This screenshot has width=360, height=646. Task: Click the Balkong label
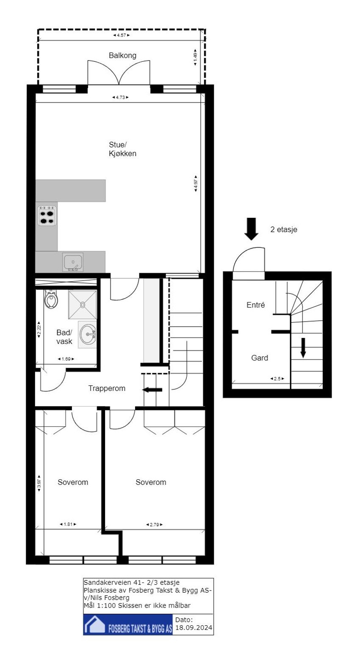[x=122, y=55]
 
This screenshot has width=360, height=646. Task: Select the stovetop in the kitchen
[x=47, y=215]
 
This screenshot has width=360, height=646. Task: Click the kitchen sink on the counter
[x=73, y=262]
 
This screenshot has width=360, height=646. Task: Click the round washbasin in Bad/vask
[x=88, y=335]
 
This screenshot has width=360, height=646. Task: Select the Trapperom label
[x=107, y=388]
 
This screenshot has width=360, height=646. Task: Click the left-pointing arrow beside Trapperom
[x=152, y=390]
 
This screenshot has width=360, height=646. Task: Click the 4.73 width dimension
[x=121, y=97]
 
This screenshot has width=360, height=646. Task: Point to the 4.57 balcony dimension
[x=121, y=35]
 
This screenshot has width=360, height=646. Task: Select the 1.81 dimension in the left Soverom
[x=67, y=524]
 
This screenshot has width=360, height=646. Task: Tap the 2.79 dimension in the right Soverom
[x=155, y=525]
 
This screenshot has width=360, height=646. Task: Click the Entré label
[x=256, y=305]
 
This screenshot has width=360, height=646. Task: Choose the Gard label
[x=260, y=358]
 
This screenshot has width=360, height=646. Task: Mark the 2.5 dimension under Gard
[x=277, y=379]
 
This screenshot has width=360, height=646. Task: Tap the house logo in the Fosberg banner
[x=94, y=625]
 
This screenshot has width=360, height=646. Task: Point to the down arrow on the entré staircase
[x=303, y=347]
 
